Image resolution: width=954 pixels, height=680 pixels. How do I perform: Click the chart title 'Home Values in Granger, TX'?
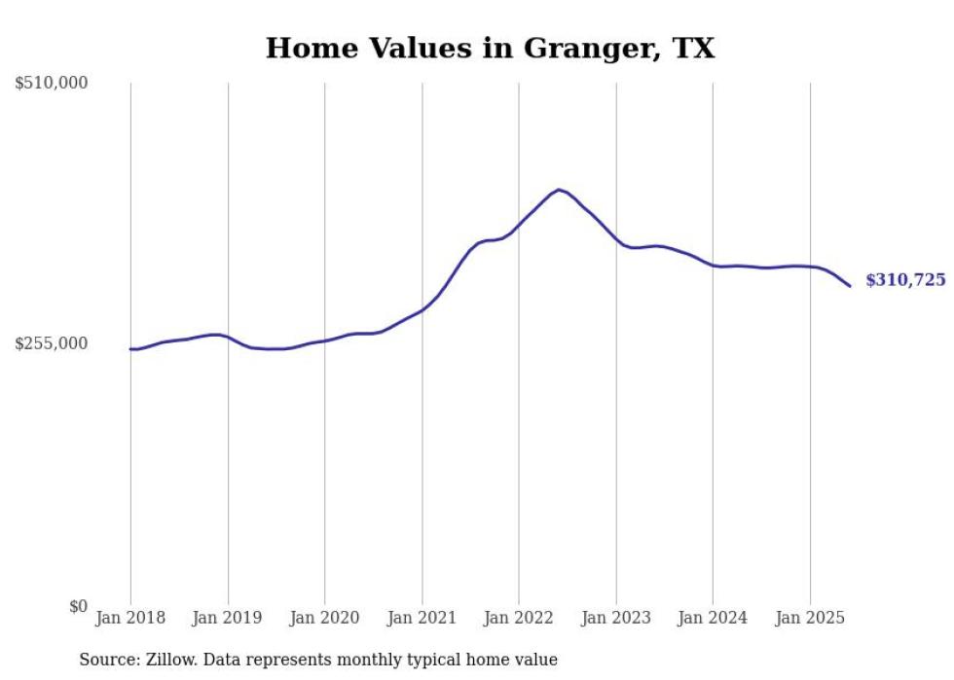[x=490, y=49]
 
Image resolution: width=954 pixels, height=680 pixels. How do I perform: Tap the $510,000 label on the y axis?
[x=52, y=84]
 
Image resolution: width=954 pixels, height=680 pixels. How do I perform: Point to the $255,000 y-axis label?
[x=52, y=343]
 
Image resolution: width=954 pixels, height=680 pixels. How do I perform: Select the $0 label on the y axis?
[x=78, y=607]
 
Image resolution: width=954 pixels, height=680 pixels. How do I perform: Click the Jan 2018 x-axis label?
[x=130, y=618]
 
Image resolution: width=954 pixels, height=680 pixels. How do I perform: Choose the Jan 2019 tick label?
[x=228, y=618]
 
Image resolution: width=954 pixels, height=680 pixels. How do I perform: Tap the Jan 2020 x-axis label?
[x=325, y=618]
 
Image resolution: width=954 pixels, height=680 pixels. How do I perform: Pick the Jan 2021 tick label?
[x=422, y=618]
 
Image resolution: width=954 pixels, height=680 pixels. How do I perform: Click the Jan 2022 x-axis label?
[x=519, y=618]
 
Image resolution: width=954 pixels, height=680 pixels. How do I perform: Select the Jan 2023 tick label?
[x=615, y=618]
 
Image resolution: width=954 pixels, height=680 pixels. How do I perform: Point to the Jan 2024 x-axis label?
[x=713, y=618]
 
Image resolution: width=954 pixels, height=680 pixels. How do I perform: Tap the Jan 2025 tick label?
[x=810, y=618]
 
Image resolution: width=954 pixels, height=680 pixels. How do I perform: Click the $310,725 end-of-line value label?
[x=905, y=280]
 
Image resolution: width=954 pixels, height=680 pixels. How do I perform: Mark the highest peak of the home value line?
[x=559, y=190]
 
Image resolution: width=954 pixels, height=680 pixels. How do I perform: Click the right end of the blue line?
[x=850, y=286]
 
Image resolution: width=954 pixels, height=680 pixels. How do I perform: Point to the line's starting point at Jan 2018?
[x=130, y=349]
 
